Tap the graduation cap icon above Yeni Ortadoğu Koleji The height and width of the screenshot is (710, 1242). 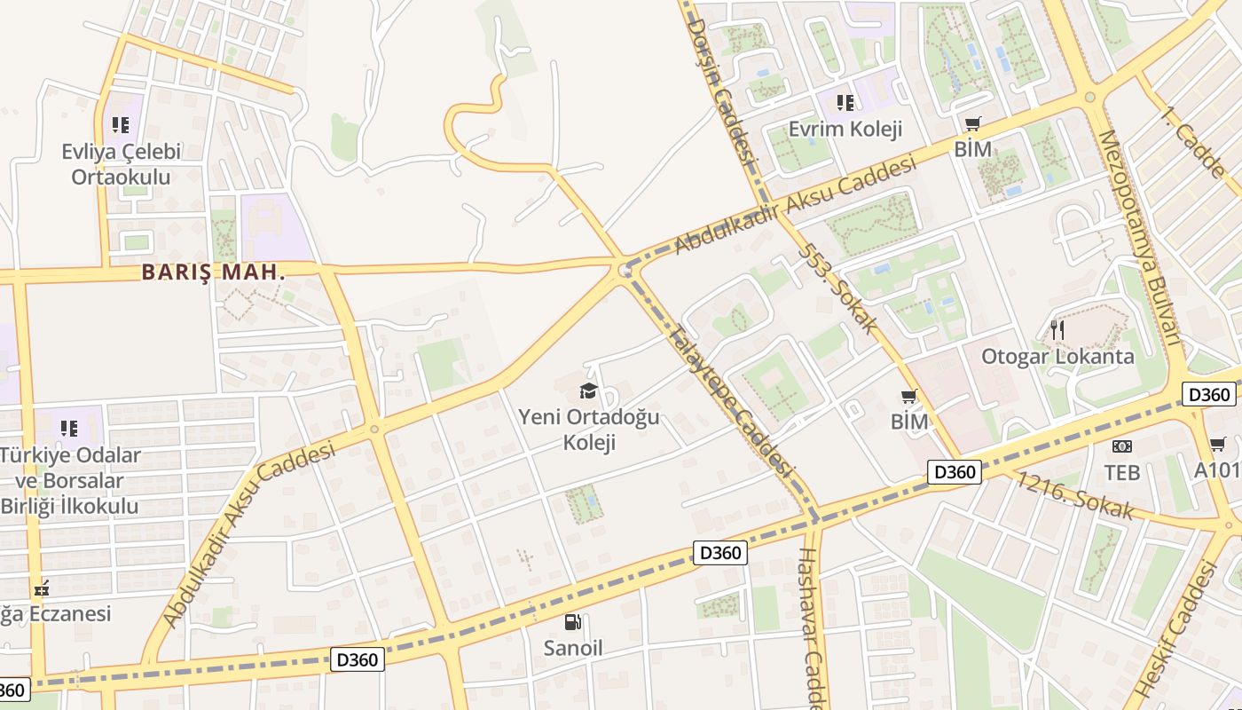point(588,390)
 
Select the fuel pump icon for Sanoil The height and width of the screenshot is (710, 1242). point(573,622)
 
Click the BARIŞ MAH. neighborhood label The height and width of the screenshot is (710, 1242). point(214,272)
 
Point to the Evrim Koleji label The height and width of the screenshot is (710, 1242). point(845,129)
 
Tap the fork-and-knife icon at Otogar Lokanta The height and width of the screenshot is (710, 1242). point(1056,330)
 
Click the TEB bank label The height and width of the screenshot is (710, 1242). point(1121,472)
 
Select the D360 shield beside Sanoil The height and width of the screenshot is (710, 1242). point(719,553)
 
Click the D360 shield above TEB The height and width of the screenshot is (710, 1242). point(1207,394)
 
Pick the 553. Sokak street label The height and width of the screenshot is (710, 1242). point(837,288)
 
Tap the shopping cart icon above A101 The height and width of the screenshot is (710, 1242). point(1218,444)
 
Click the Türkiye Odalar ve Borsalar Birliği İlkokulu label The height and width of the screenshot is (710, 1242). point(69,480)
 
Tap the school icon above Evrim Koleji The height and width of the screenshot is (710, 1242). point(845,102)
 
